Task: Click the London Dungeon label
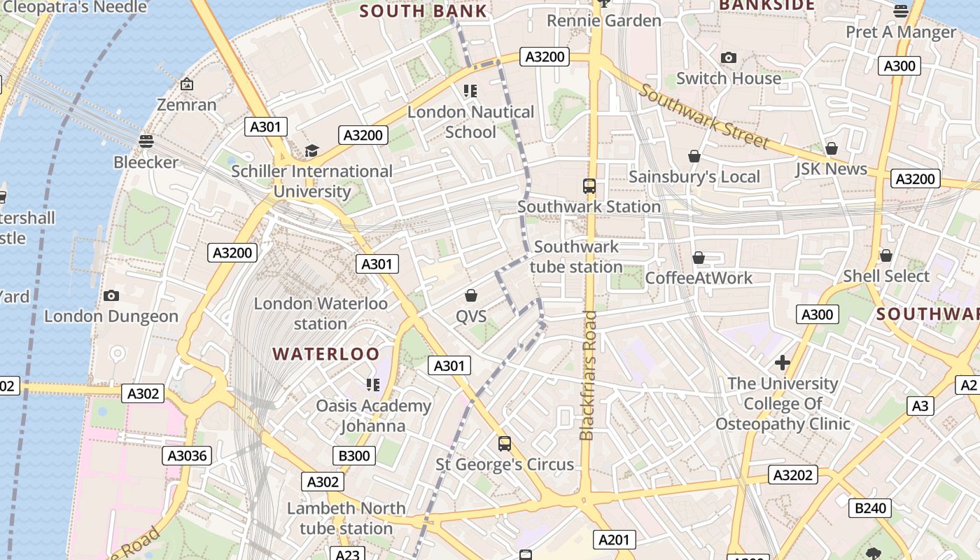(x=111, y=316)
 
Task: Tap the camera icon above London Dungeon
(x=111, y=296)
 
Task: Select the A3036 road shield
(x=188, y=456)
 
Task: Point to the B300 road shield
(x=354, y=456)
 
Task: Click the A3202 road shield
(x=793, y=475)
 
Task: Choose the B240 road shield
(x=871, y=508)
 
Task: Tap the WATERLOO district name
(x=326, y=354)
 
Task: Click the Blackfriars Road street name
(x=587, y=376)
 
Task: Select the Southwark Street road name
(x=703, y=116)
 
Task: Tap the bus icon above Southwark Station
(x=589, y=186)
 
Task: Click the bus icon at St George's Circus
(x=505, y=444)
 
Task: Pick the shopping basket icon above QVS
(x=471, y=296)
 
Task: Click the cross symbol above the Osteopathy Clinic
(x=782, y=363)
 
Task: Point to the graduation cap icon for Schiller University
(x=311, y=151)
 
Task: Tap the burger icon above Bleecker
(x=146, y=141)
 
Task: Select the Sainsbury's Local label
(x=694, y=177)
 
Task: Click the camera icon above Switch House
(x=729, y=58)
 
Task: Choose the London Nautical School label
(x=470, y=122)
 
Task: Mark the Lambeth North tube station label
(x=346, y=518)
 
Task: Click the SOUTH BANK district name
(x=423, y=11)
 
